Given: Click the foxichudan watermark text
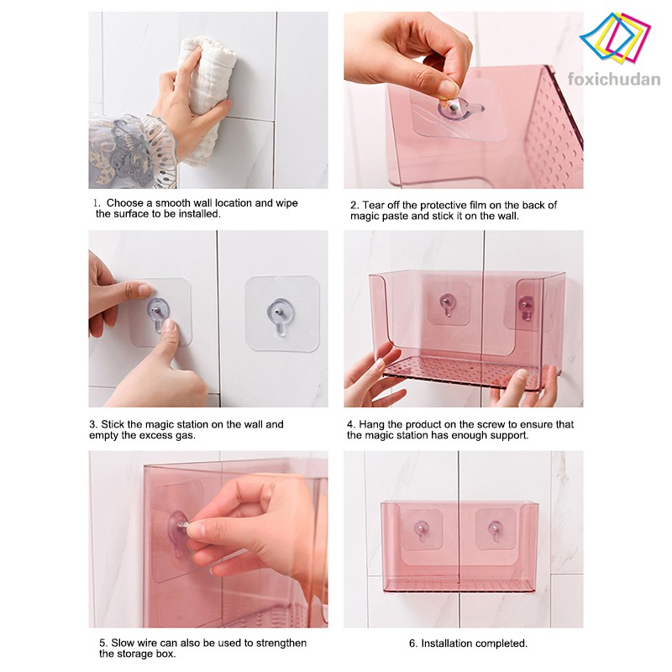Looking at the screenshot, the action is coord(614,80).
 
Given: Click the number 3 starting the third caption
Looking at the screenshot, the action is coord(92,424).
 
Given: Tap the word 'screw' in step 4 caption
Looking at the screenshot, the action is coord(482,424).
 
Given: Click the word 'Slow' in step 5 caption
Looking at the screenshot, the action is coord(123,643).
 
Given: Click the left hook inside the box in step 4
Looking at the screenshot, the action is coord(448,303).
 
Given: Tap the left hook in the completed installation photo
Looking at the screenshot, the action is coord(421,531).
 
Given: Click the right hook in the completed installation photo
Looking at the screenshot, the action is coord(496,530).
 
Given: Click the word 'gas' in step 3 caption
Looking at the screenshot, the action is coord(186,436).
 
